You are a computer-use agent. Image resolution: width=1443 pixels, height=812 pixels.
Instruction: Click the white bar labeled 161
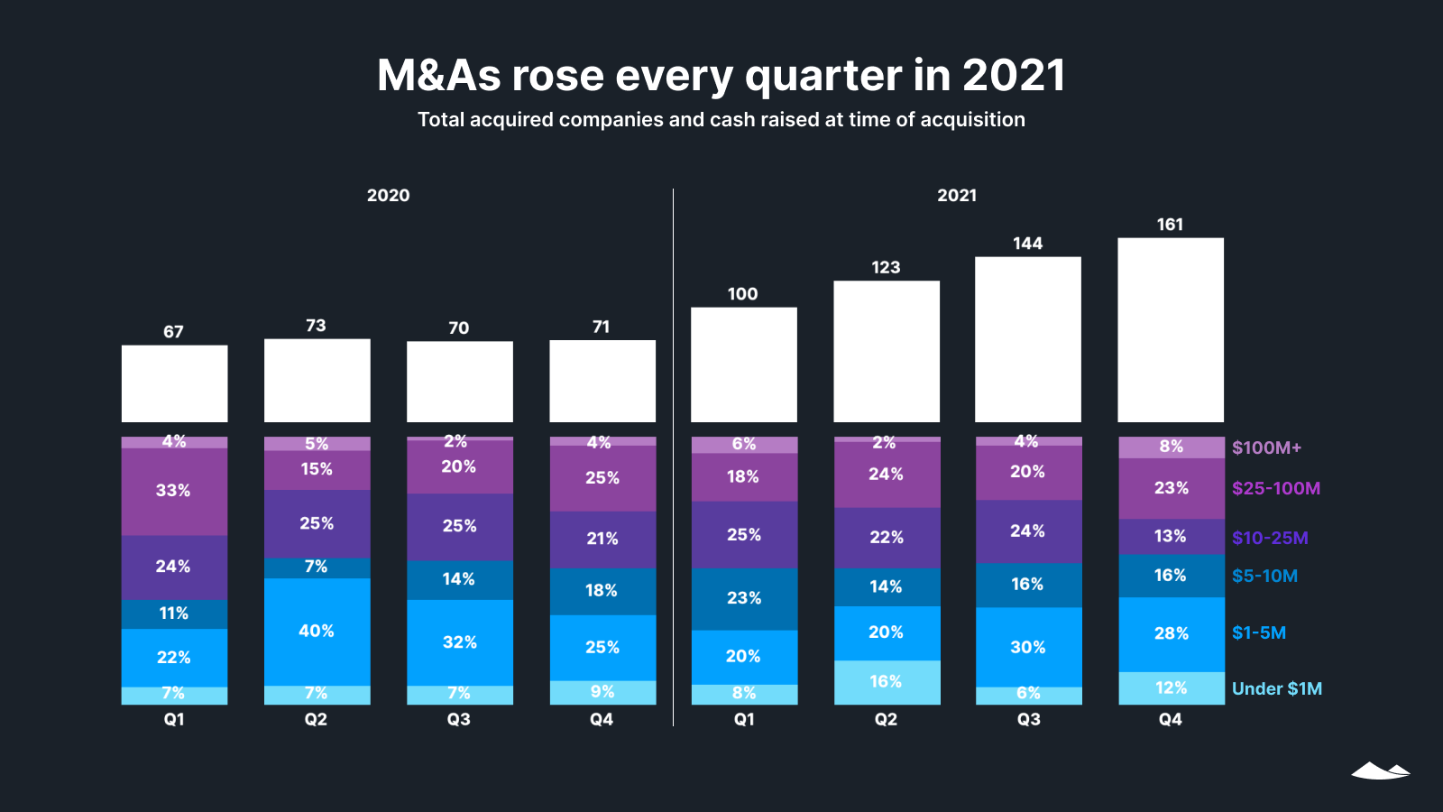click(x=1170, y=329)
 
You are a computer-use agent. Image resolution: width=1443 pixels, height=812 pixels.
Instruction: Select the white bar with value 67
click(x=174, y=383)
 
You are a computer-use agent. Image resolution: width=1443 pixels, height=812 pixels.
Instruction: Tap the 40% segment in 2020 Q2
click(x=317, y=631)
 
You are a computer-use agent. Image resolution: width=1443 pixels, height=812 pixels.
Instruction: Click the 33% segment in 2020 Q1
click(x=174, y=491)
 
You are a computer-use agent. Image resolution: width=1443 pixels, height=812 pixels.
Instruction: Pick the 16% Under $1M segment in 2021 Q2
click(x=886, y=682)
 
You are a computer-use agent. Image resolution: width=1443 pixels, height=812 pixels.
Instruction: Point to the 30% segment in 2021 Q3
click(x=1028, y=647)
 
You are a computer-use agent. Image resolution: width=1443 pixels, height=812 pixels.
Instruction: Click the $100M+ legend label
click(x=1266, y=448)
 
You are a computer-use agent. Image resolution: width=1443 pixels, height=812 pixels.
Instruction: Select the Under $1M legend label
click(x=1276, y=688)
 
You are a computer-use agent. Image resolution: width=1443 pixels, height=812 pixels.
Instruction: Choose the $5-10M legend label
click(x=1264, y=576)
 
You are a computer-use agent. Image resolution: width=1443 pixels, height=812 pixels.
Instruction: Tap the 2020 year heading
click(x=388, y=196)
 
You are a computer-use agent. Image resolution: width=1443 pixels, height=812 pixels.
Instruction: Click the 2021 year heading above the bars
click(x=957, y=196)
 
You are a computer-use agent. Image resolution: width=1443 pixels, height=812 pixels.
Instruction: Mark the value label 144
click(x=1027, y=244)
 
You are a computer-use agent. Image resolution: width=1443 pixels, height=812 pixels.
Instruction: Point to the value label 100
click(x=742, y=294)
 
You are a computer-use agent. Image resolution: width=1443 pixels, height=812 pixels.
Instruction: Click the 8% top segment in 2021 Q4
click(x=1171, y=447)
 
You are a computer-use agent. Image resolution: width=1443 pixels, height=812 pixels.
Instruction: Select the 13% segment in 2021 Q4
click(x=1171, y=536)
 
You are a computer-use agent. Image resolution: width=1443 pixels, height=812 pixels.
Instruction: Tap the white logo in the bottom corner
click(x=1380, y=770)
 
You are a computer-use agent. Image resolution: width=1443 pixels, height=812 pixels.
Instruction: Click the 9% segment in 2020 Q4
click(x=602, y=692)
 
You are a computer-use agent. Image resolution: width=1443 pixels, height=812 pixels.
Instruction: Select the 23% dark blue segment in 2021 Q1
click(x=743, y=597)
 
